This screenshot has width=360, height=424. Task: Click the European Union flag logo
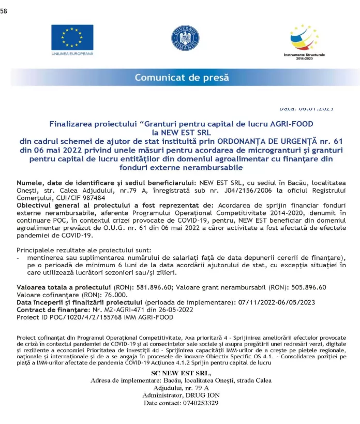coord(72,37)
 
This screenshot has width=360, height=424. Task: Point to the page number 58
coord(4,11)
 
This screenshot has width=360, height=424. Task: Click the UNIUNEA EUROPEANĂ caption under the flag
coord(72,53)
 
